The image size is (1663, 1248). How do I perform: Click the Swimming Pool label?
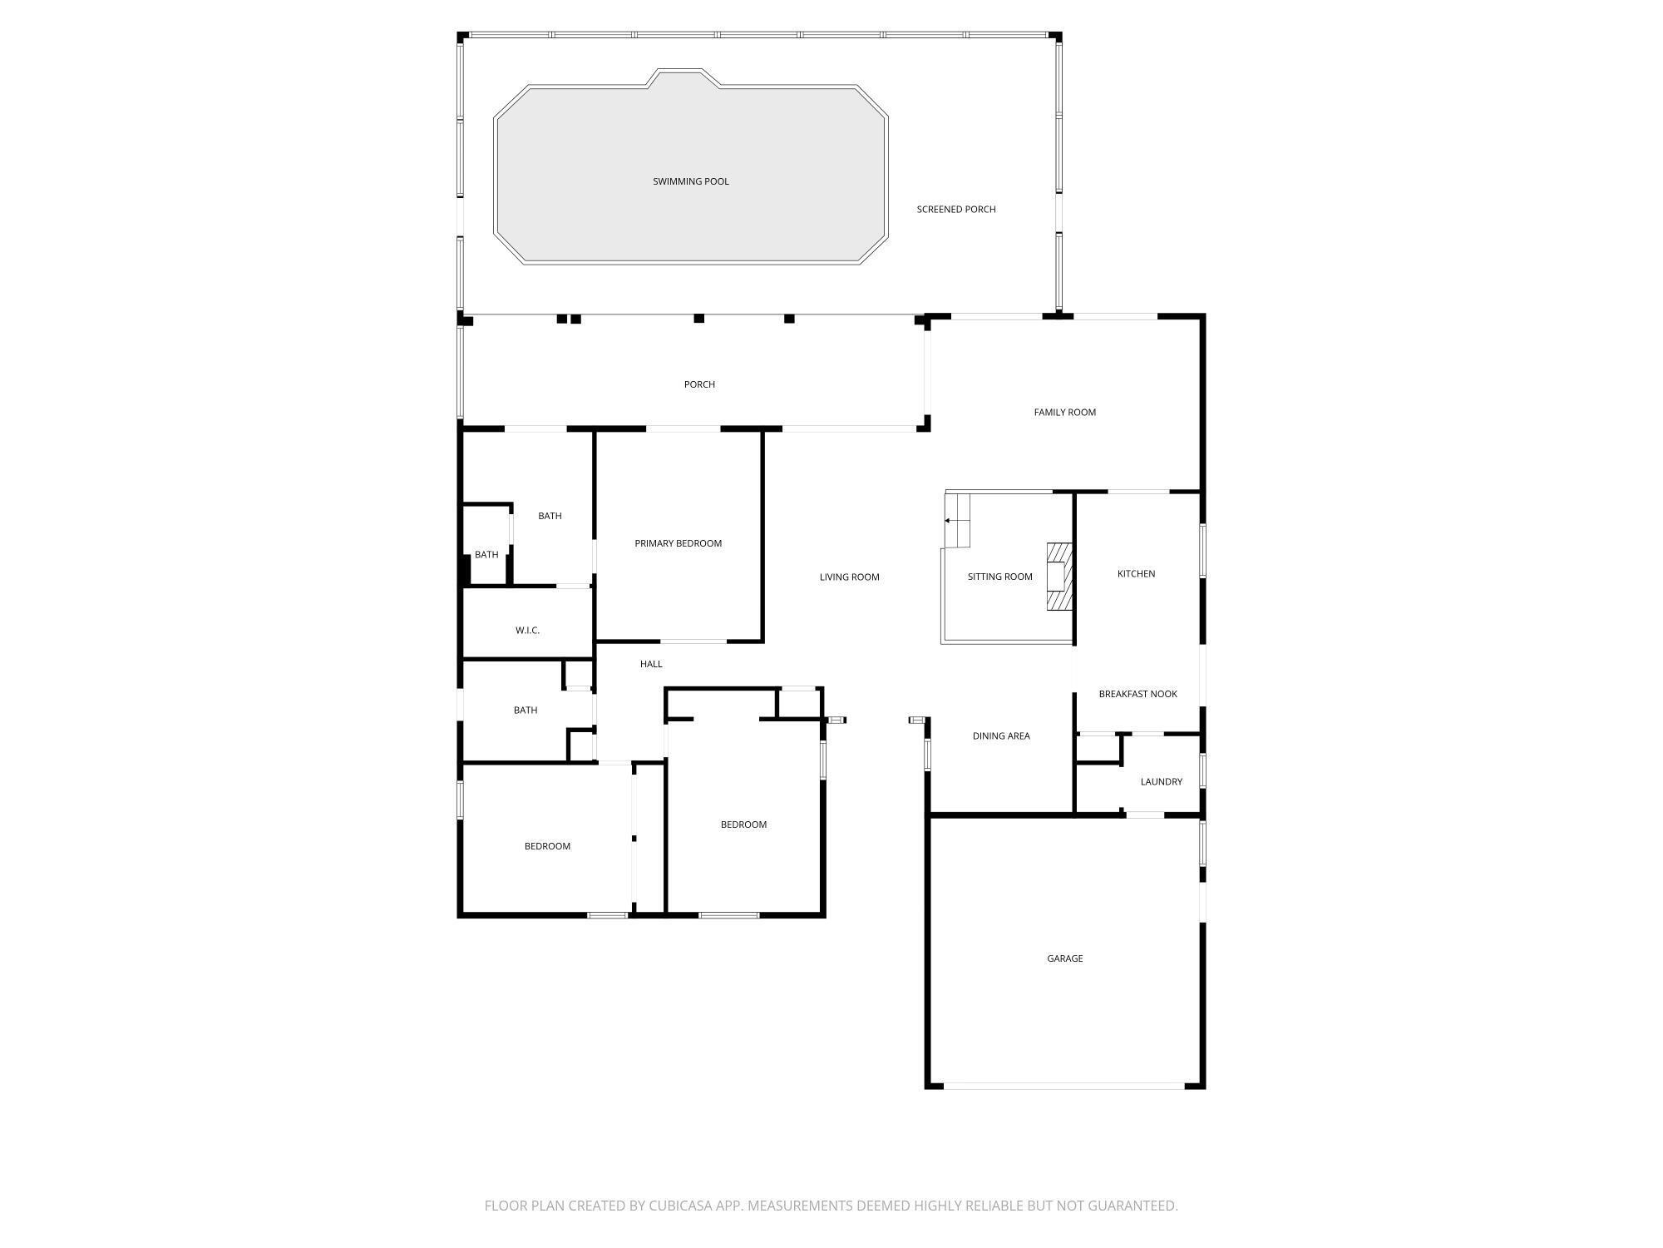[690, 181]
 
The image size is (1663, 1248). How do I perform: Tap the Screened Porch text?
[955, 210]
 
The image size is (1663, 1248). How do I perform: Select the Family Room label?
[1064, 413]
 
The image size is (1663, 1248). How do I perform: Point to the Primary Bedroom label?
[678, 543]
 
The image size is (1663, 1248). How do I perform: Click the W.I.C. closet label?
[527, 631]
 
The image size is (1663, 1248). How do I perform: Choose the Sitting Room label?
[999, 577]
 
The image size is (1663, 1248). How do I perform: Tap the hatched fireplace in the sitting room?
[1058, 577]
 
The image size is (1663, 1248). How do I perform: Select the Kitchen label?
[1136, 574]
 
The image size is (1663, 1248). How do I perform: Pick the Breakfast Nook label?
[1137, 694]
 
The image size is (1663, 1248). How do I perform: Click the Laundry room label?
[1161, 782]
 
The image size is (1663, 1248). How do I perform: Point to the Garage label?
[1064, 958]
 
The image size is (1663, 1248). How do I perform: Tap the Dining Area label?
[1001, 736]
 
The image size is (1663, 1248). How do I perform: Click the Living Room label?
[849, 577]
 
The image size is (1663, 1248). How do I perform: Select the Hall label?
[651, 664]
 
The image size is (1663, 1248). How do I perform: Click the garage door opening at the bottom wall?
[1064, 1086]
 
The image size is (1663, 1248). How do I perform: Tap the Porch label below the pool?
[699, 384]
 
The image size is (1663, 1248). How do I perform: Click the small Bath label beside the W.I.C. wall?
[486, 555]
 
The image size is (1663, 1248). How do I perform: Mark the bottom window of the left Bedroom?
[607, 915]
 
